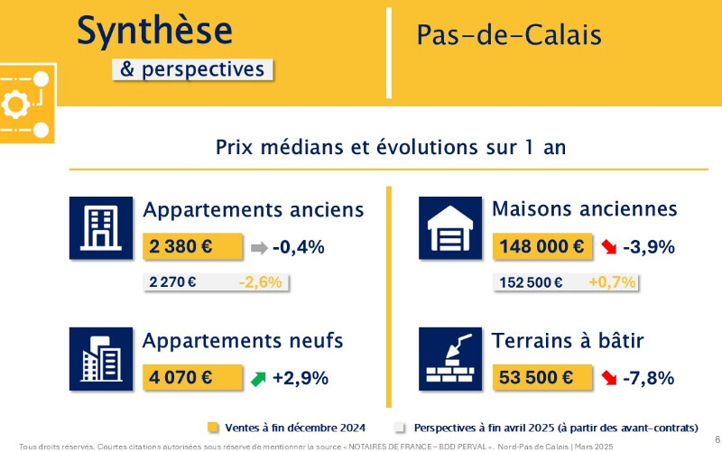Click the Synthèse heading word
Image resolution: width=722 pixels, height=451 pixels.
pos(154,31)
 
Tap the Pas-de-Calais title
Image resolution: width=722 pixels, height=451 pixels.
pos(509,35)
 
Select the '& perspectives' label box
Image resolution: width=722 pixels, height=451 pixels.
pos(192,69)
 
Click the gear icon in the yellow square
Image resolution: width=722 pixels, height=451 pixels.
pos(15,105)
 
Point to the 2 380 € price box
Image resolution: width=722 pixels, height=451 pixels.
pos(192,246)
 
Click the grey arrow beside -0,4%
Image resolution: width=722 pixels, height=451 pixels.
pos(259,248)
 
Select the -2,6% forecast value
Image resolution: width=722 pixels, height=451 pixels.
pos(260,282)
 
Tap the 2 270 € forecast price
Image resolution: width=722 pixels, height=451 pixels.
pos(172,281)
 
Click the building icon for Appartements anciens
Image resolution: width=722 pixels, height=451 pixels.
pos(101,228)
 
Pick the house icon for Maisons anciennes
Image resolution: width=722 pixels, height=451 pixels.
pos(450,228)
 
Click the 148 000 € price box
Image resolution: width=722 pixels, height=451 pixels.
pos(542,246)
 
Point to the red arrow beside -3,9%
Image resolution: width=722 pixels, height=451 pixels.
pos(608,247)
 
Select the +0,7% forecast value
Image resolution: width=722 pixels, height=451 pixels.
pos(612,281)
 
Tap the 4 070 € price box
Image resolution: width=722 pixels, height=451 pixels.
pos(192,377)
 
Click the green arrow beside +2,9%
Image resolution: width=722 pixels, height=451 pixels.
pos(258,379)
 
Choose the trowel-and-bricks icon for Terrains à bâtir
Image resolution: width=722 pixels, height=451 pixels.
pos(450,359)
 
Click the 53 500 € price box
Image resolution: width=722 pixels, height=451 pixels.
pos(542,377)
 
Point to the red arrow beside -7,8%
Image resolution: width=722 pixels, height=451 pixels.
pos(608,378)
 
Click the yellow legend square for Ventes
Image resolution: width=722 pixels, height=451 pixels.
pos(213,428)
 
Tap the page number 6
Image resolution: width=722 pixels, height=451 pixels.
pos(717,438)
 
